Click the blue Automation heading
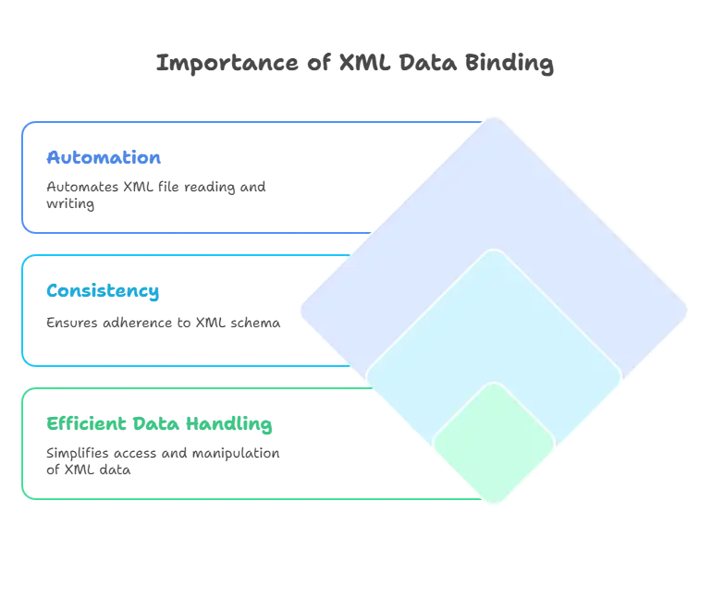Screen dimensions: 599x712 pyautogui.click(x=104, y=158)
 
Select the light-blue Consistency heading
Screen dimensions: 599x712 pyautogui.click(x=103, y=292)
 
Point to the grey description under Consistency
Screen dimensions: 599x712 pyautogui.click(x=162, y=325)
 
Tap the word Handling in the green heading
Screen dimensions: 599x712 pyautogui.click(x=228, y=425)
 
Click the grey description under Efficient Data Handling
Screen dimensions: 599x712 pyautogui.click(x=163, y=460)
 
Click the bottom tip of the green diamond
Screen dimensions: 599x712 pyautogui.click(x=494, y=505)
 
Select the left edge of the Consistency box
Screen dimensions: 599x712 pyautogui.click(x=19, y=310)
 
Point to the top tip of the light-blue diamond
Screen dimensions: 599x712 pyautogui.click(x=495, y=251)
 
